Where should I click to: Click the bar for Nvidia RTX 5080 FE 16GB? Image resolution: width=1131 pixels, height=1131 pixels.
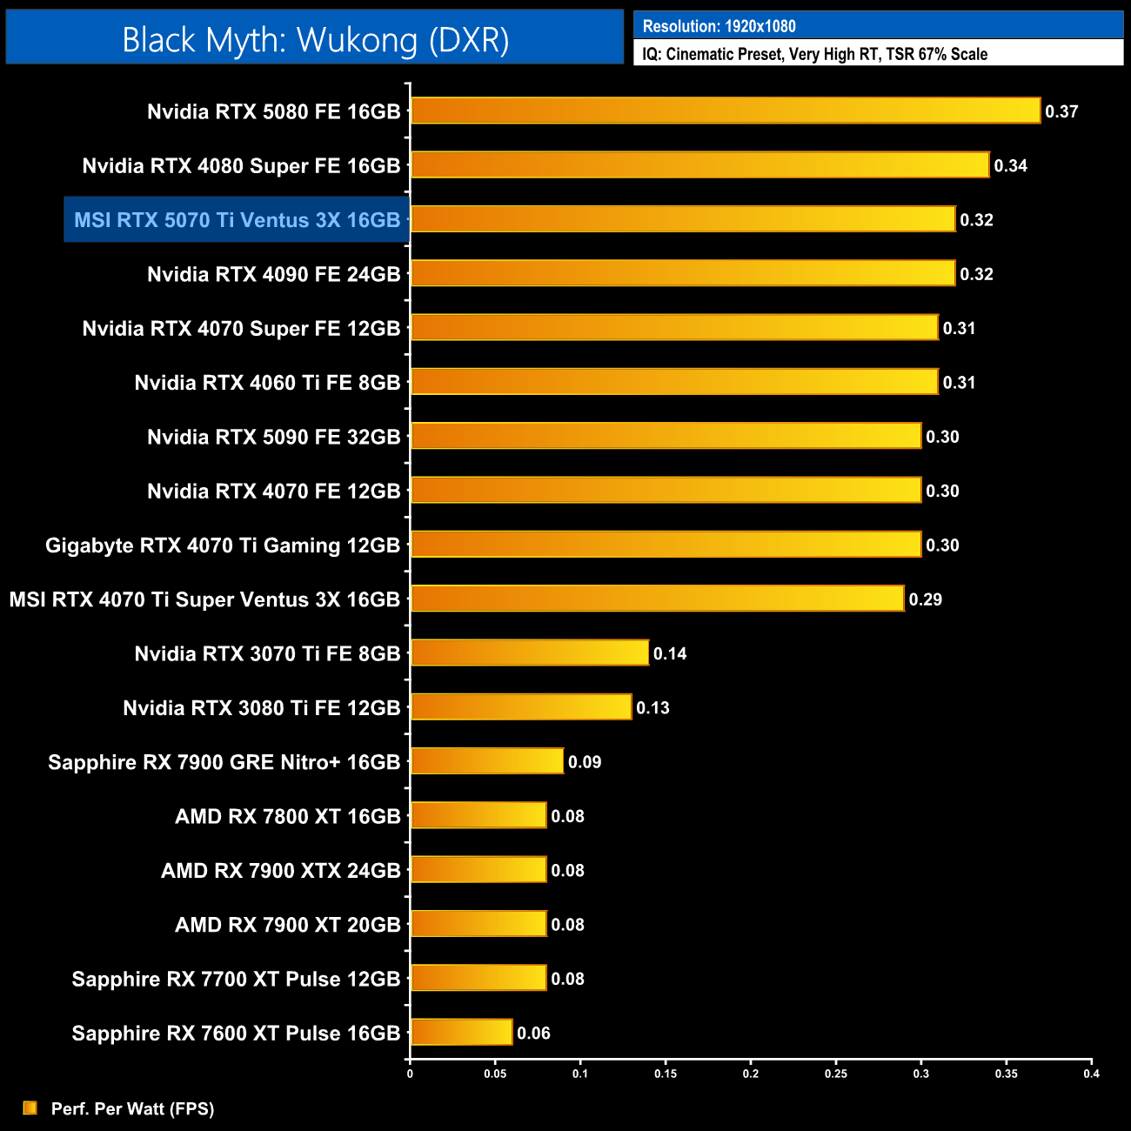coord(725,110)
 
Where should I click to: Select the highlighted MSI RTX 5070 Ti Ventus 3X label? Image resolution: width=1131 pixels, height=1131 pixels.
coord(237,220)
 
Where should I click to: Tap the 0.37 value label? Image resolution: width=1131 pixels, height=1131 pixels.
coord(1061,111)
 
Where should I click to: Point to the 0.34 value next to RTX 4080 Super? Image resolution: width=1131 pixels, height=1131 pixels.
coord(1010,166)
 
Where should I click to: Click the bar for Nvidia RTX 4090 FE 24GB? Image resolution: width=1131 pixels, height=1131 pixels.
coord(683,273)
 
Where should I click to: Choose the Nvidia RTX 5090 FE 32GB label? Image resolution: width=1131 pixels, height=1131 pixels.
coord(273,437)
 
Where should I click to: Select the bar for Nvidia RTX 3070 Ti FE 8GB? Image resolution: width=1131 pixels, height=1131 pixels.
coord(529,652)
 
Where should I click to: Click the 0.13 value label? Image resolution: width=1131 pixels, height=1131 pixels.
coord(652,708)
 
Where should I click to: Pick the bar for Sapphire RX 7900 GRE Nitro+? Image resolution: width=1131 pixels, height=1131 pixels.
coord(487,761)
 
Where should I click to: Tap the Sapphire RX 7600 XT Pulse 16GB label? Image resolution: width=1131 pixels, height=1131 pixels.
coord(236,1034)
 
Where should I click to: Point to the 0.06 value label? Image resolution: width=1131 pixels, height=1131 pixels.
coord(533,1034)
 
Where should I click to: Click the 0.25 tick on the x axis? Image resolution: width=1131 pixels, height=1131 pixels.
coord(835,1074)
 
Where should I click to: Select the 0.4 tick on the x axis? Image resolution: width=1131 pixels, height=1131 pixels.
coord(1091,1074)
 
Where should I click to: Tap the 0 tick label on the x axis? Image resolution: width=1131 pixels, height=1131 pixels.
coord(410,1074)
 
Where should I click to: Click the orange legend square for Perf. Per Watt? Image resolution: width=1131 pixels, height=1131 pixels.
coord(30,1108)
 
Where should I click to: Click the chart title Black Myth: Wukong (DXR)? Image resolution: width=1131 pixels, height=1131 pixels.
coord(315,40)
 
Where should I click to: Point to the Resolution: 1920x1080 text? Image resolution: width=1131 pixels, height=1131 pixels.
coord(719,26)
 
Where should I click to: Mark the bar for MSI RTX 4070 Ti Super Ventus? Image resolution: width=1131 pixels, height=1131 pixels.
coord(657,599)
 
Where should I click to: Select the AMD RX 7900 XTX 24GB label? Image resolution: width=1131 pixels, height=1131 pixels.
coord(280,871)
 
